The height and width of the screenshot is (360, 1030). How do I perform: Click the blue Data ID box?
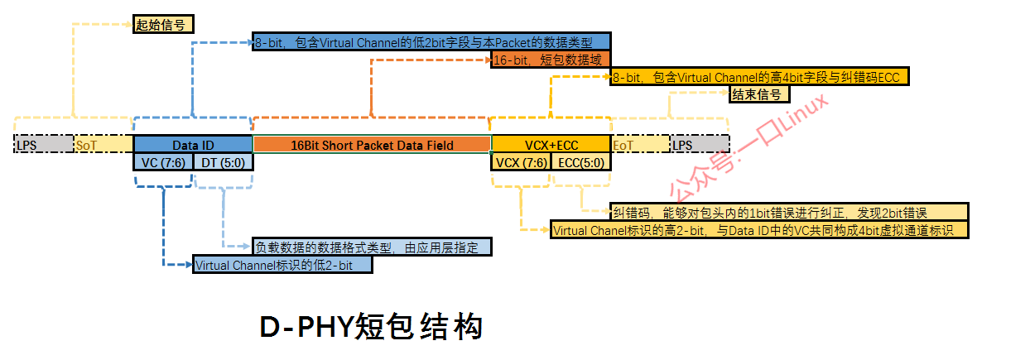(x=192, y=145)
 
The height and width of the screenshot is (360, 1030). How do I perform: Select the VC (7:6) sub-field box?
(x=162, y=162)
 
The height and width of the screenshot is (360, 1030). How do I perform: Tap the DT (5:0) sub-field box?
(x=223, y=162)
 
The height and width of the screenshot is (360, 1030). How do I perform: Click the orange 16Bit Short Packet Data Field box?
(x=372, y=145)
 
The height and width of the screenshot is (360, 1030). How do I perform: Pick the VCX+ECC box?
(x=550, y=145)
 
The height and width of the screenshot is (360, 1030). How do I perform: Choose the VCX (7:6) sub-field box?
(x=521, y=162)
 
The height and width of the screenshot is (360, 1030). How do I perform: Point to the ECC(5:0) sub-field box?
(x=580, y=162)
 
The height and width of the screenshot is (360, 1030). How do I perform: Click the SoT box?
(x=103, y=145)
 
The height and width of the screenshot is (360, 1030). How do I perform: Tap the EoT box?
(x=639, y=145)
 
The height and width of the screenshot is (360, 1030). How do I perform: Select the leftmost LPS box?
(x=44, y=145)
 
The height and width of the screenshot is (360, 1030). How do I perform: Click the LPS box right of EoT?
(x=700, y=145)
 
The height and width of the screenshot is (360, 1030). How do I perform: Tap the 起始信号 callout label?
(x=163, y=24)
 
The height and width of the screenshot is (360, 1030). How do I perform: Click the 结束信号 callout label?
(x=759, y=94)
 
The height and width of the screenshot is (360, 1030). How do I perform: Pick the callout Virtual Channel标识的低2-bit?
(x=282, y=266)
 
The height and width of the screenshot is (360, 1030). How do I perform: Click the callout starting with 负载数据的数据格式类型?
(x=372, y=247)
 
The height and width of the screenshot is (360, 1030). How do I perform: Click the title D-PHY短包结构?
(x=371, y=327)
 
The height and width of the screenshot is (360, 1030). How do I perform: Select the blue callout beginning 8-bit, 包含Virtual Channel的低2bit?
(x=431, y=41)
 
